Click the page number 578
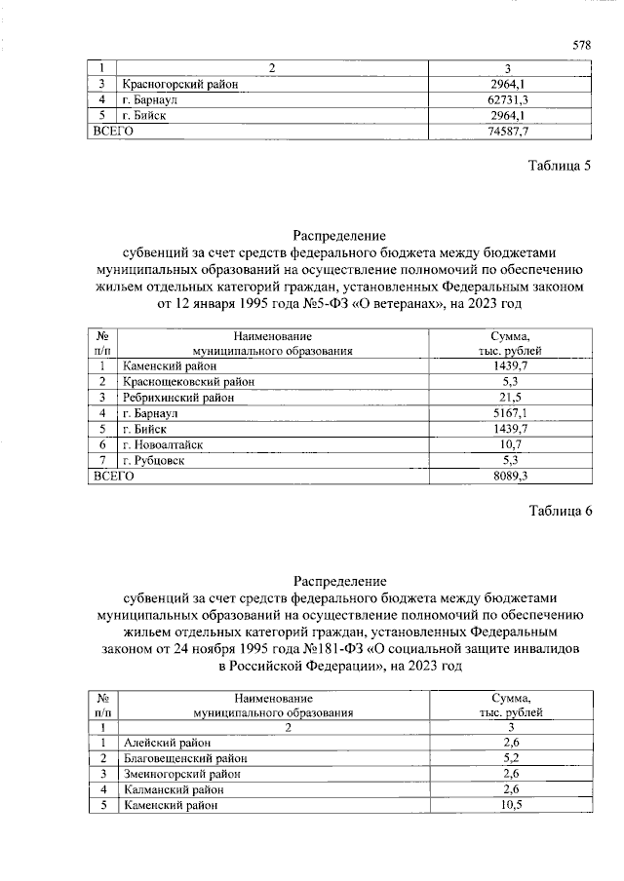[x=581, y=45]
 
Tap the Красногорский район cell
[x=180, y=84]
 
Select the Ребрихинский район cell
[x=178, y=398]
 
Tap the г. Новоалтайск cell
[x=162, y=444]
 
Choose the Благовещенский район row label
[x=185, y=758]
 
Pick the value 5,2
[x=509, y=758]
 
